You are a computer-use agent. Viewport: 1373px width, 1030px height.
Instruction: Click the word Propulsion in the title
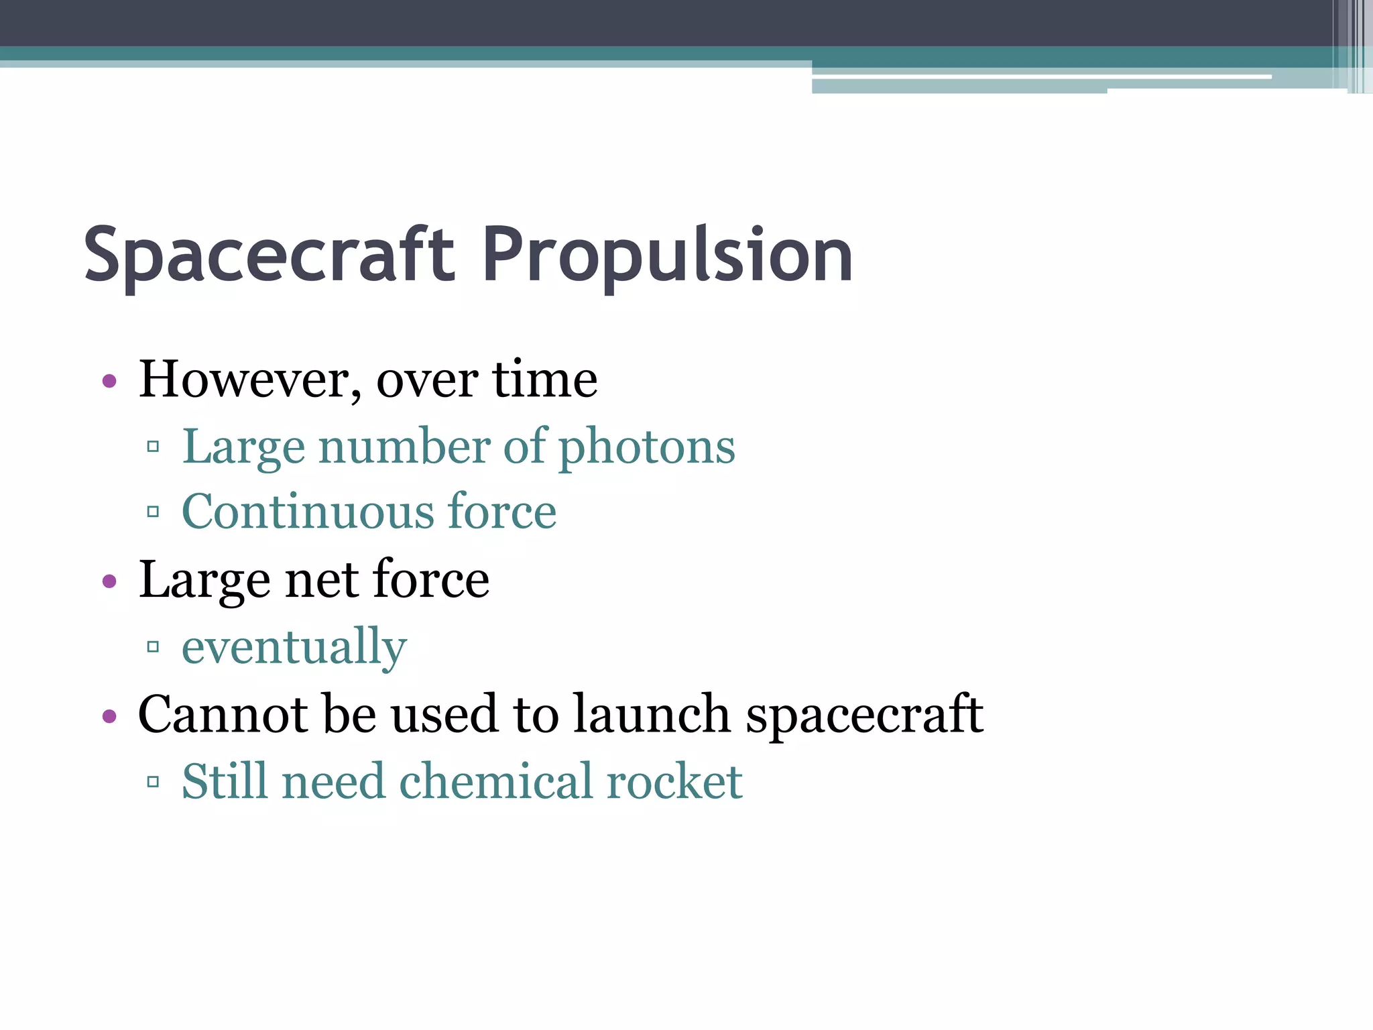[667, 255]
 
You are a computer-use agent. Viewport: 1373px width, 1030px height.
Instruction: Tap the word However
[244, 380]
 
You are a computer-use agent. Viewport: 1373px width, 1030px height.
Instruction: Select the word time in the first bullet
[544, 380]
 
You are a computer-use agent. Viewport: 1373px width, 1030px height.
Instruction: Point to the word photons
[647, 448]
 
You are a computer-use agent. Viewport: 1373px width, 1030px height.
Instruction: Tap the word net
[320, 580]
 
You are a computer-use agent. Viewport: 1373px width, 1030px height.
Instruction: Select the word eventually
[294, 648]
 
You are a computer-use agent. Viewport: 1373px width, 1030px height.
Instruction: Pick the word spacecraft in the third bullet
[865, 716]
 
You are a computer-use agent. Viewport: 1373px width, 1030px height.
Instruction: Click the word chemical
[496, 782]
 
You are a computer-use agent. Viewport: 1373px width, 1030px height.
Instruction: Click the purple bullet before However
[109, 382]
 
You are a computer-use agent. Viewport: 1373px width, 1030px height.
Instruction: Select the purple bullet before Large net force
[109, 581]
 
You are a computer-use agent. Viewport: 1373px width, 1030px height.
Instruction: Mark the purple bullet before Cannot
[109, 716]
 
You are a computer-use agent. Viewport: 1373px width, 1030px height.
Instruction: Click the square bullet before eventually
[153, 647]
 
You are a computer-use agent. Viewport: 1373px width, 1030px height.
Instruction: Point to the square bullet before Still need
[153, 781]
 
